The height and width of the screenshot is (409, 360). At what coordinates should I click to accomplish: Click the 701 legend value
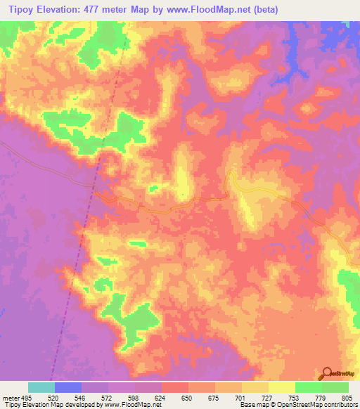(x=242, y=397)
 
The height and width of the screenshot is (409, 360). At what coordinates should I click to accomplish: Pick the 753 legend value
(x=295, y=397)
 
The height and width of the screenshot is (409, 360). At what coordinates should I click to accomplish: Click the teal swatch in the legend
(x=41, y=387)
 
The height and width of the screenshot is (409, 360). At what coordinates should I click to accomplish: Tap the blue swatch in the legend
(x=68, y=387)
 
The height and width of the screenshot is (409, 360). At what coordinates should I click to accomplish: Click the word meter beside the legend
(x=10, y=397)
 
